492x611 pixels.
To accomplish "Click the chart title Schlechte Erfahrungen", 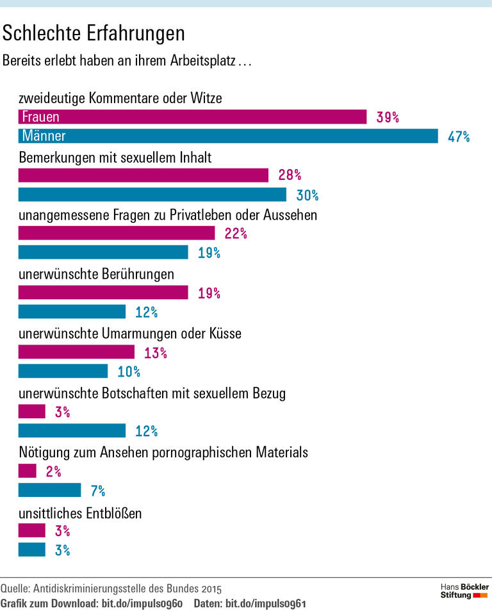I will [94, 33].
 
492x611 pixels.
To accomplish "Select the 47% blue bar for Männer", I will [228, 136].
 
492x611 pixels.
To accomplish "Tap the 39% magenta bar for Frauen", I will [192, 117].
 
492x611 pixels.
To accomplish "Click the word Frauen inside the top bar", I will [40, 117].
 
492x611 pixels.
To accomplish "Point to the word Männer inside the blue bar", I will [44, 136].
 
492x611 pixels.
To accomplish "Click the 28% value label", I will [290, 175].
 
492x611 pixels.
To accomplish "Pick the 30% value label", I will [307, 195].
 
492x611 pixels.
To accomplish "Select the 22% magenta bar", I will [117, 233].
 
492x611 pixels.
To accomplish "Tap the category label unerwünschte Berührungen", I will [97, 275].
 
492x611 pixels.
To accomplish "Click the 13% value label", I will [155, 353].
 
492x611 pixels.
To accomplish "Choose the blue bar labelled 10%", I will [63, 371].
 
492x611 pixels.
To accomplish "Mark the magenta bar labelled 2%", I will [28, 471].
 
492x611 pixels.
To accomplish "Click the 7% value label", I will [97, 491].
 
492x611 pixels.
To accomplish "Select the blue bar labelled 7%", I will [49, 491].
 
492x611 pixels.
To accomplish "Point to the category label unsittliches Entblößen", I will [80, 513].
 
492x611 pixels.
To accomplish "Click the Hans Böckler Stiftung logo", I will [464, 591].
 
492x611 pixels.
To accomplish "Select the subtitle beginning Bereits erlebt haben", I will [127, 61].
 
